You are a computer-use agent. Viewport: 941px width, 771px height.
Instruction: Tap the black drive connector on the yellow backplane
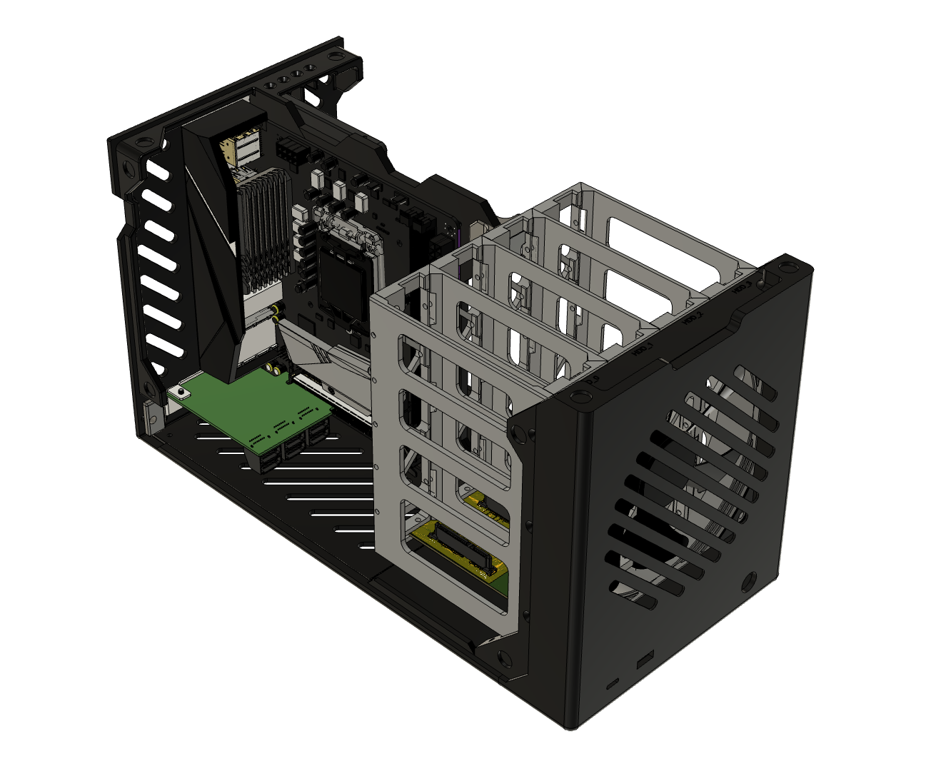(464, 550)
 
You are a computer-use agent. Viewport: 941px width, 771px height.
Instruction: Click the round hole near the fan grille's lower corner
(749, 579)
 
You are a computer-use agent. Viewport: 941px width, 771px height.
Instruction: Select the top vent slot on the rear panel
(158, 170)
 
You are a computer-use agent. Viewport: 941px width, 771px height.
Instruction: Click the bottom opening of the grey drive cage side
(457, 550)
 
